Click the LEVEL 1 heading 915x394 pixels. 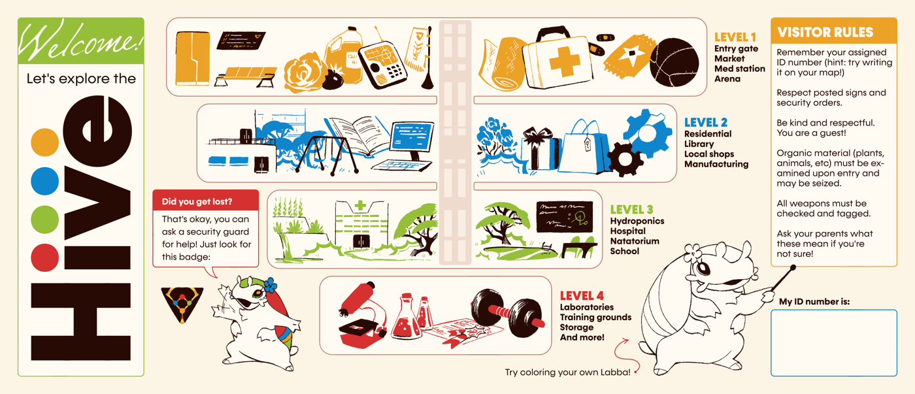[735, 37]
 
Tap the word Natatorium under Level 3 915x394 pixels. [635, 241]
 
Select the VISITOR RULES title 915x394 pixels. [825, 32]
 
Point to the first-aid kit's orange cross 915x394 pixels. [565, 62]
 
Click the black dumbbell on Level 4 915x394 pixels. [507, 312]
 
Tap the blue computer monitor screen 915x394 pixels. [411, 137]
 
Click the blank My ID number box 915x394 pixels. [834, 342]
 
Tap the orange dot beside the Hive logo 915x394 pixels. [45, 142]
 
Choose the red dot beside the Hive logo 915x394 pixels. [45, 257]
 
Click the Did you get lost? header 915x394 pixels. [205, 200]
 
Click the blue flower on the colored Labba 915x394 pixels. [269, 285]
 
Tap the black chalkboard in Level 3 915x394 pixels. [565, 216]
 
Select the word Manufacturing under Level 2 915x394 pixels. [716, 164]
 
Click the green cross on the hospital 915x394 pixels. [360, 205]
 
